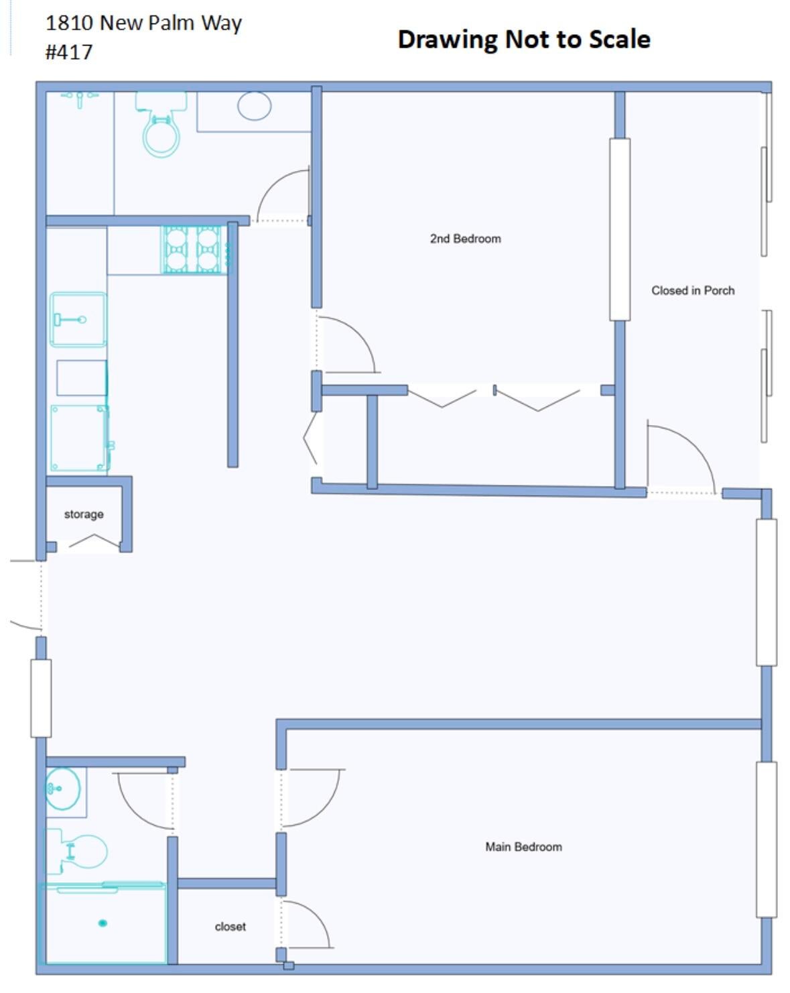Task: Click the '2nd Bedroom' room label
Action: click(465, 239)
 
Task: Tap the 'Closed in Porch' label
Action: click(692, 290)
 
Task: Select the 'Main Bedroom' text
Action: click(523, 847)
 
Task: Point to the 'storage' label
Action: click(84, 514)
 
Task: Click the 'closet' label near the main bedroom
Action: click(230, 927)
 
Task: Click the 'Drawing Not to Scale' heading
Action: click(523, 39)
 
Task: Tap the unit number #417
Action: click(68, 52)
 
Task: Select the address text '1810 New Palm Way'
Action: click(143, 23)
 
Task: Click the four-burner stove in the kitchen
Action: click(192, 249)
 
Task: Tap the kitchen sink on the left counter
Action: click(78, 320)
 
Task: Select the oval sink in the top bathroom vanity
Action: click(255, 106)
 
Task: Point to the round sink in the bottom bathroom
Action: click(63, 788)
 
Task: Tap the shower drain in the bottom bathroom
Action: click(103, 923)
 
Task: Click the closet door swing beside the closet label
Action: click(305, 924)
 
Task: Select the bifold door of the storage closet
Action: click(94, 540)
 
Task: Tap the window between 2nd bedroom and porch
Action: click(619, 229)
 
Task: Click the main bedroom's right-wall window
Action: click(766, 839)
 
